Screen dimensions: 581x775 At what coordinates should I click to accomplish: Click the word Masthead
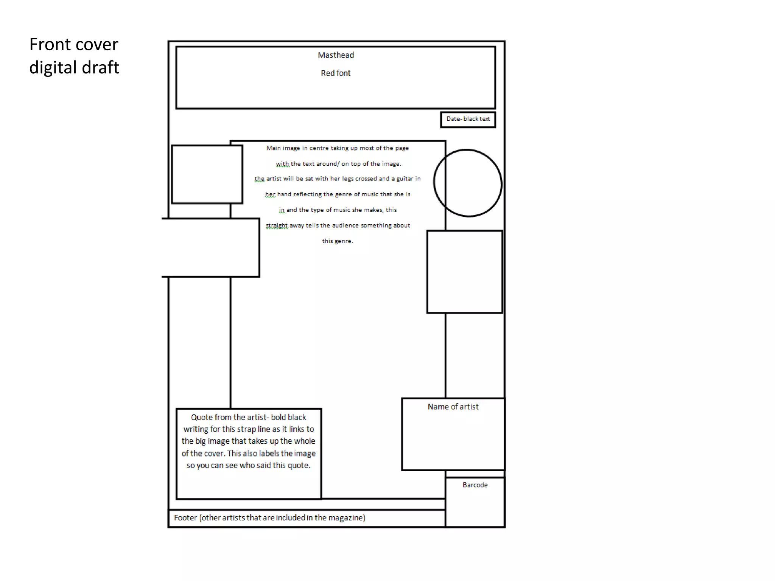[336, 55]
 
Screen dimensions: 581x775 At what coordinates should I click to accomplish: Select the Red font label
[336, 73]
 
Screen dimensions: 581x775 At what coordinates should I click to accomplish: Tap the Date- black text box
[468, 119]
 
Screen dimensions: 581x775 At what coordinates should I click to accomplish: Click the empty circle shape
[468, 183]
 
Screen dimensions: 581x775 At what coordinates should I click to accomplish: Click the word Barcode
[475, 485]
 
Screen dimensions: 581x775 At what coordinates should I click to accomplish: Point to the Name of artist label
[453, 407]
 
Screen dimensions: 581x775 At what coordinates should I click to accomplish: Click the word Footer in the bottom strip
[185, 517]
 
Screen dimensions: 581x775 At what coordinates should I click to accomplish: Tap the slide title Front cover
[74, 45]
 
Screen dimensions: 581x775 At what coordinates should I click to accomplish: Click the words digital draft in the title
[74, 68]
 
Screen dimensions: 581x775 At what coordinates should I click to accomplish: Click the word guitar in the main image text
[405, 179]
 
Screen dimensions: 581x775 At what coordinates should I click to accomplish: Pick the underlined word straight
[277, 225]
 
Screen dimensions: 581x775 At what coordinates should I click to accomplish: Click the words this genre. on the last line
[337, 241]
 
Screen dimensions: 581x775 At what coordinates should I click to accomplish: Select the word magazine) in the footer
[347, 517]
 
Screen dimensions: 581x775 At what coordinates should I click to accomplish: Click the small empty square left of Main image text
[207, 174]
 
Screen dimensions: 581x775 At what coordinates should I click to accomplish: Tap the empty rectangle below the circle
[465, 272]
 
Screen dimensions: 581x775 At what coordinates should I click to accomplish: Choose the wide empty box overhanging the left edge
[211, 248]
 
